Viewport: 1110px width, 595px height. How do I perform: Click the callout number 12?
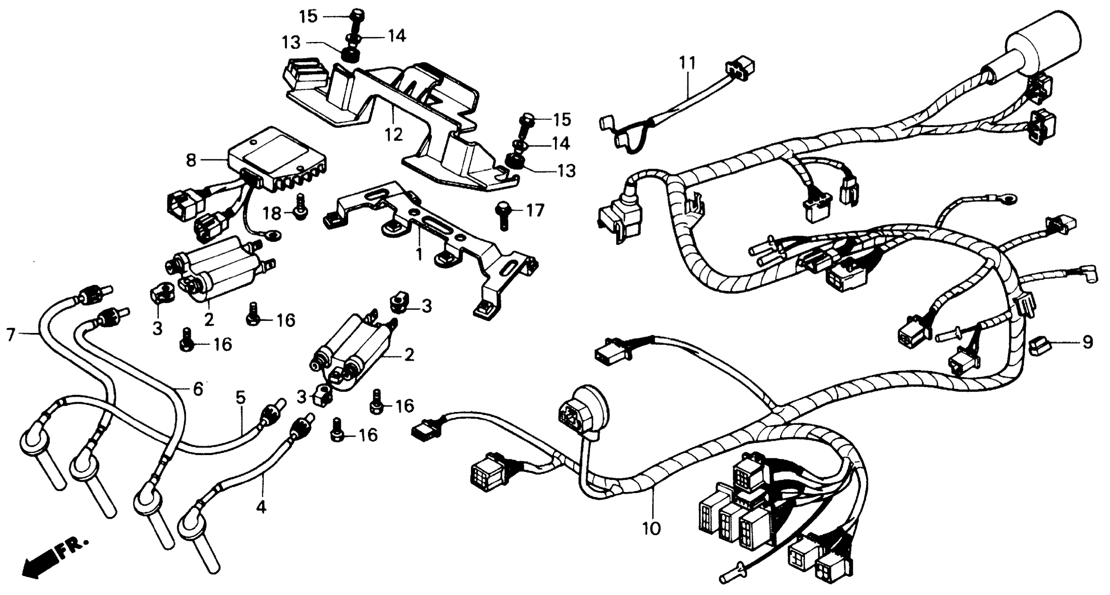click(393, 134)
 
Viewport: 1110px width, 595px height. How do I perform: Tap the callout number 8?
click(191, 160)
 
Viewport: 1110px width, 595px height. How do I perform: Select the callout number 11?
click(687, 64)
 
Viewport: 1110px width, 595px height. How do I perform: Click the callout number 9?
click(1088, 343)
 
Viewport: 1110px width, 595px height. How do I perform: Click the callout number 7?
click(11, 334)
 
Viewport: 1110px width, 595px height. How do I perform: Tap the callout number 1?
click(419, 254)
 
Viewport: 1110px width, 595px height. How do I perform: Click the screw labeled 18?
click(300, 207)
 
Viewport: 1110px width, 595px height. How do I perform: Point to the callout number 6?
click(198, 390)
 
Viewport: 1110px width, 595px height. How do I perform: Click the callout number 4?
click(261, 507)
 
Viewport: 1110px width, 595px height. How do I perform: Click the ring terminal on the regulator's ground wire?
click(272, 235)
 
